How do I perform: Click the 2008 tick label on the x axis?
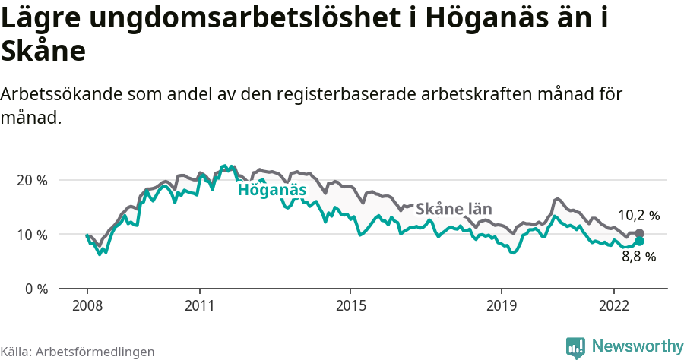click(x=87, y=305)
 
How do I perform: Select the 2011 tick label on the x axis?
click(x=199, y=305)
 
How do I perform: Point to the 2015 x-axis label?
click(x=350, y=305)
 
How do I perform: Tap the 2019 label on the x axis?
click(x=501, y=305)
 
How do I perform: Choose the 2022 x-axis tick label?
click(x=613, y=305)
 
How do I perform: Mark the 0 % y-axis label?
click(x=36, y=289)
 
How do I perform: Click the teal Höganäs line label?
click(x=271, y=190)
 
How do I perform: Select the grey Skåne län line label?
click(x=454, y=210)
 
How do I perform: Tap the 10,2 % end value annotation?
click(x=638, y=216)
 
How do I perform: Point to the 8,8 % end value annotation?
click(x=638, y=257)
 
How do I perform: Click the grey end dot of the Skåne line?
click(x=639, y=234)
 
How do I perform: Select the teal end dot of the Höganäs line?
click(x=639, y=241)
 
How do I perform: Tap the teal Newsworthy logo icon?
click(x=575, y=347)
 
